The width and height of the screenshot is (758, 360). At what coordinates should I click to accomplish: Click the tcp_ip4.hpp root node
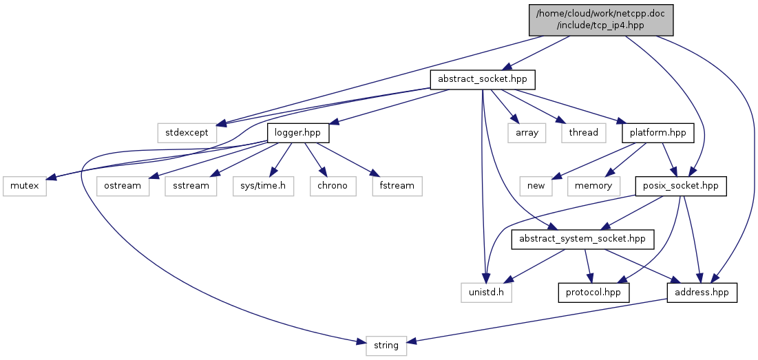point(600,19)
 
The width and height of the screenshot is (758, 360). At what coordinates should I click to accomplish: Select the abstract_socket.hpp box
point(483,79)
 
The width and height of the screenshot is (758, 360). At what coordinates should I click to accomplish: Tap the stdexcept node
point(187,132)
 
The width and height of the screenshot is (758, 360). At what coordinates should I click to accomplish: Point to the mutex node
point(24,186)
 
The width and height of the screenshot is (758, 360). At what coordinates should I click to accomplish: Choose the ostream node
point(123,186)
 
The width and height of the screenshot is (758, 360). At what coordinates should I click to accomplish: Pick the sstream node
point(191,186)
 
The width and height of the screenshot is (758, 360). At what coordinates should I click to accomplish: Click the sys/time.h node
point(263,186)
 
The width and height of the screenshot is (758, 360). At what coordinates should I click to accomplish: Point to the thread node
point(584,132)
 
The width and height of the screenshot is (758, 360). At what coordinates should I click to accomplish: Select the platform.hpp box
point(658,132)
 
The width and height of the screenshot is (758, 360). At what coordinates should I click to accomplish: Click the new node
point(536,186)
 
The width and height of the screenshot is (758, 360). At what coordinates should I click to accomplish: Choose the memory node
point(593,186)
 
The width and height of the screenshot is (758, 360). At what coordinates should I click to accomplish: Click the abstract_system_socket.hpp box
point(582,239)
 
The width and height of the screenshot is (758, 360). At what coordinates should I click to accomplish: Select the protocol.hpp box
point(593,293)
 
